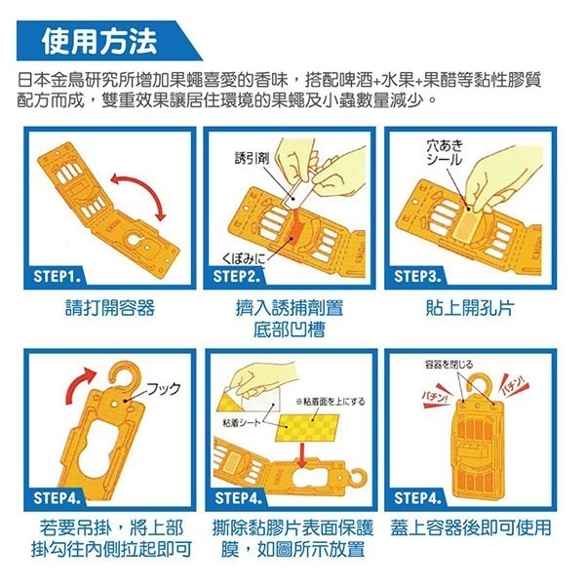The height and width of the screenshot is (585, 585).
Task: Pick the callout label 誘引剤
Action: [x=251, y=157]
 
